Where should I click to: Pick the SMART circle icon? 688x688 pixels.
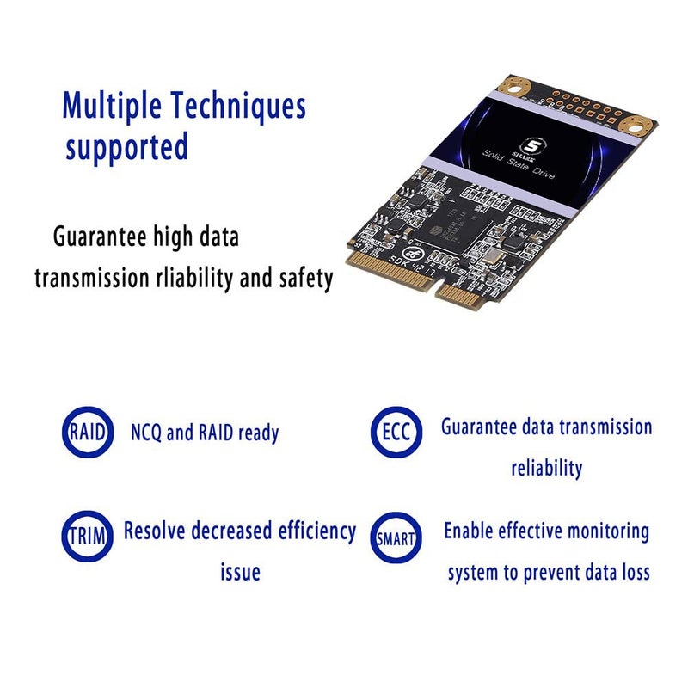396,537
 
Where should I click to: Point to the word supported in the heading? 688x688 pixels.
127,147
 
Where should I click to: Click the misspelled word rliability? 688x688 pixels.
198,279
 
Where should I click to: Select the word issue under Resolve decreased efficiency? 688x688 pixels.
240,572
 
